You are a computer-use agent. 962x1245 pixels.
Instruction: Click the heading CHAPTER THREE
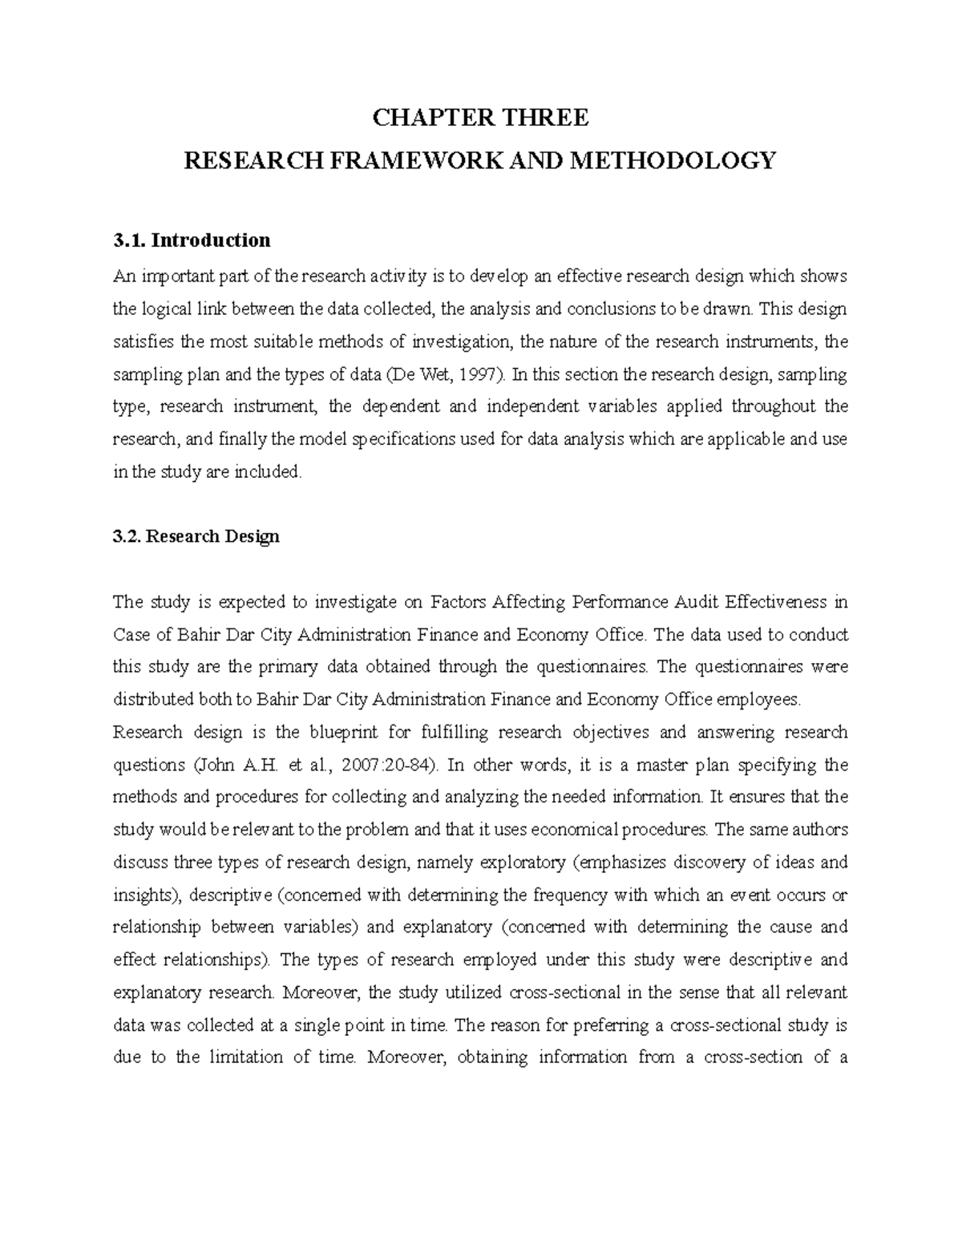pos(480,118)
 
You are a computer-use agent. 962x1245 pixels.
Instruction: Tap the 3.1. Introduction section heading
pos(192,240)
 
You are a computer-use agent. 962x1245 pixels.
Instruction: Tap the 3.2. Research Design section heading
pos(196,536)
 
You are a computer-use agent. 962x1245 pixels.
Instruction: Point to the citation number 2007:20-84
pos(388,765)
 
